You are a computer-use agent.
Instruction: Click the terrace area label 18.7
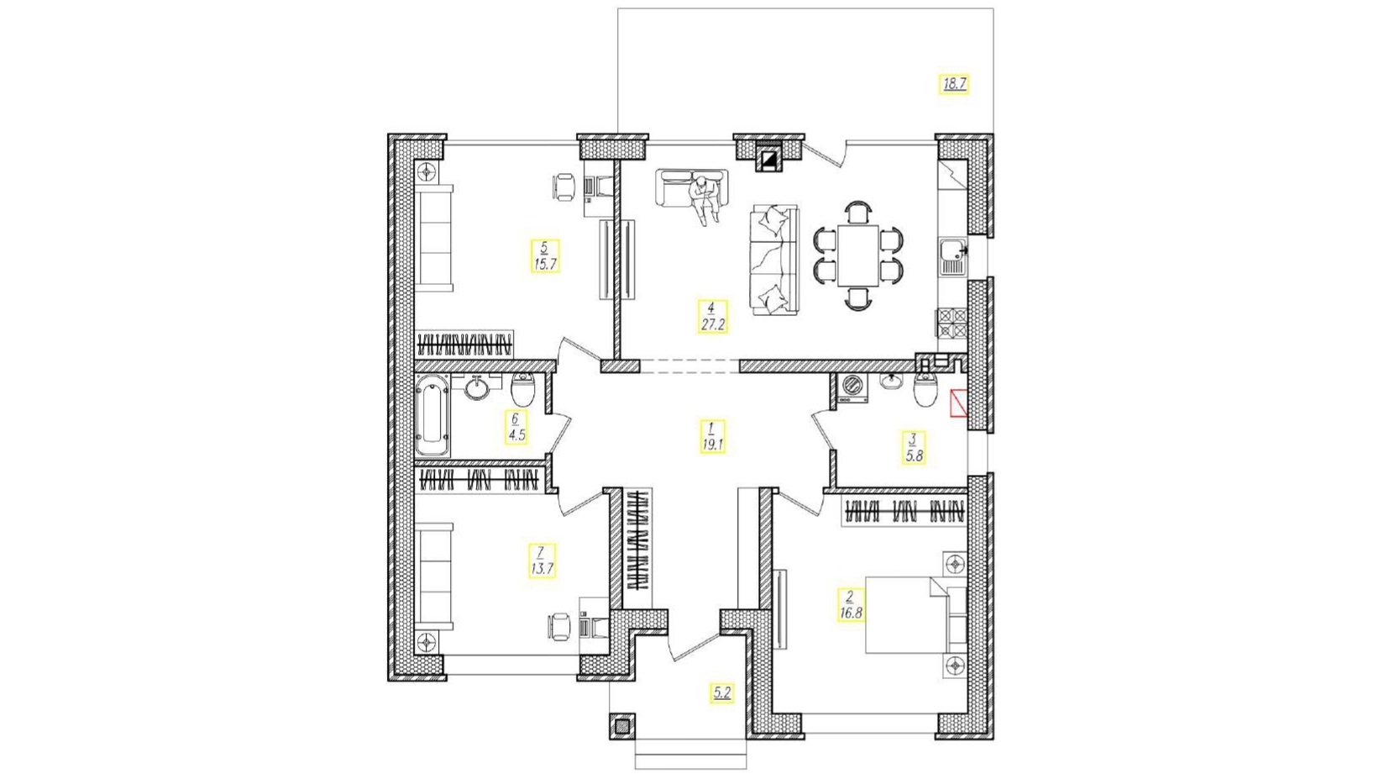click(x=953, y=84)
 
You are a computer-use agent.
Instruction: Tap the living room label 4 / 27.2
click(x=712, y=317)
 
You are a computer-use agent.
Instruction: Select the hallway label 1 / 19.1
click(x=712, y=436)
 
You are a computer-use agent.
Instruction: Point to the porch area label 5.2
click(x=722, y=693)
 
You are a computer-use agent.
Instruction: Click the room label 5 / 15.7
click(x=545, y=256)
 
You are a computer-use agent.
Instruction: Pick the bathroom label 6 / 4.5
click(x=516, y=427)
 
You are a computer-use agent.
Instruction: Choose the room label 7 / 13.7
click(x=541, y=561)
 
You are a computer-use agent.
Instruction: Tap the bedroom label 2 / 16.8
click(x=850, y=605)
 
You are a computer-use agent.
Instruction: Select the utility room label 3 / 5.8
click(x=913, y=448)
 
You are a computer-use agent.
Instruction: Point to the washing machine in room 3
click(x=852, y=388)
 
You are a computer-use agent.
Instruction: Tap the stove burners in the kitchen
click(x=952, y=324)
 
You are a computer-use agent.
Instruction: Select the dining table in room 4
click(x=857, y=255)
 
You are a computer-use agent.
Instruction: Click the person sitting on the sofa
click(x=704, y=199)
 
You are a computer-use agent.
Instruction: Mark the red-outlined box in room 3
click(x=959, y=403)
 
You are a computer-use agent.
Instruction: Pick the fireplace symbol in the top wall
click(x=769, y=161)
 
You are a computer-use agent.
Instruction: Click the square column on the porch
click(x=622, y=726)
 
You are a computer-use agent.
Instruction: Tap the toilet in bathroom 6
click(x=523, y=388)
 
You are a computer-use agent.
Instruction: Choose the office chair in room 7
click(x=559, y=627)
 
